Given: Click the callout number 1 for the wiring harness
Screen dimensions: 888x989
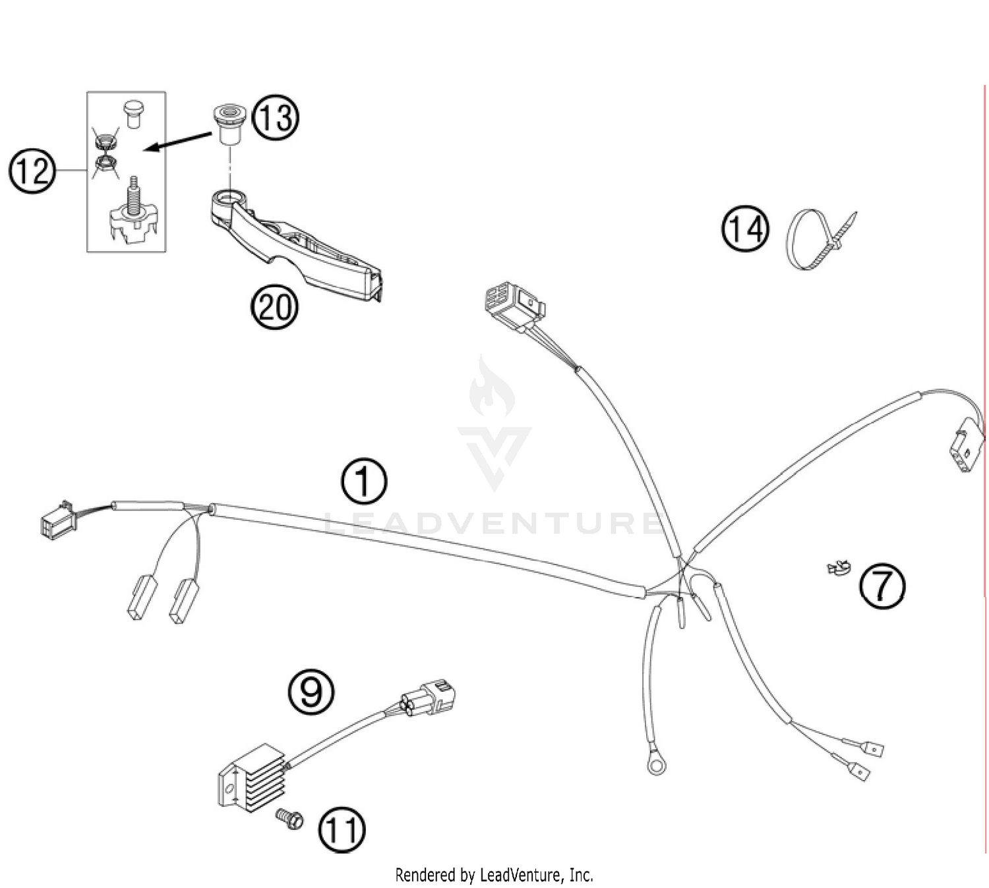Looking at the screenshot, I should click(x=363, y=482).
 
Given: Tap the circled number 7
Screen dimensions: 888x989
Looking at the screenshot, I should click(x=882, y=586).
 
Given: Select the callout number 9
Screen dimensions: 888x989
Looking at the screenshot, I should click(x=311, y=692).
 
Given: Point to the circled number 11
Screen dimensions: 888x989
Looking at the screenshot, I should click(x=342, y=830).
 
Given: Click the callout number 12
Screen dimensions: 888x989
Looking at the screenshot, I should click(x=31, y=171).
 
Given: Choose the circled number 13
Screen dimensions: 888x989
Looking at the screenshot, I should click(x=276, y=119).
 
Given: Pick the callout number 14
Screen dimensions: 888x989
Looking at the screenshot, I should click(x=745, y=229).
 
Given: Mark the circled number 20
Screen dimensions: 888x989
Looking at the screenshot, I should click(x=275, y=307).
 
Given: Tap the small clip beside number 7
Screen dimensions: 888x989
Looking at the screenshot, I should click(x=837, y=567).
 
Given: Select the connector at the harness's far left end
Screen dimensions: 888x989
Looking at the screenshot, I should click(x=58, y=520).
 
